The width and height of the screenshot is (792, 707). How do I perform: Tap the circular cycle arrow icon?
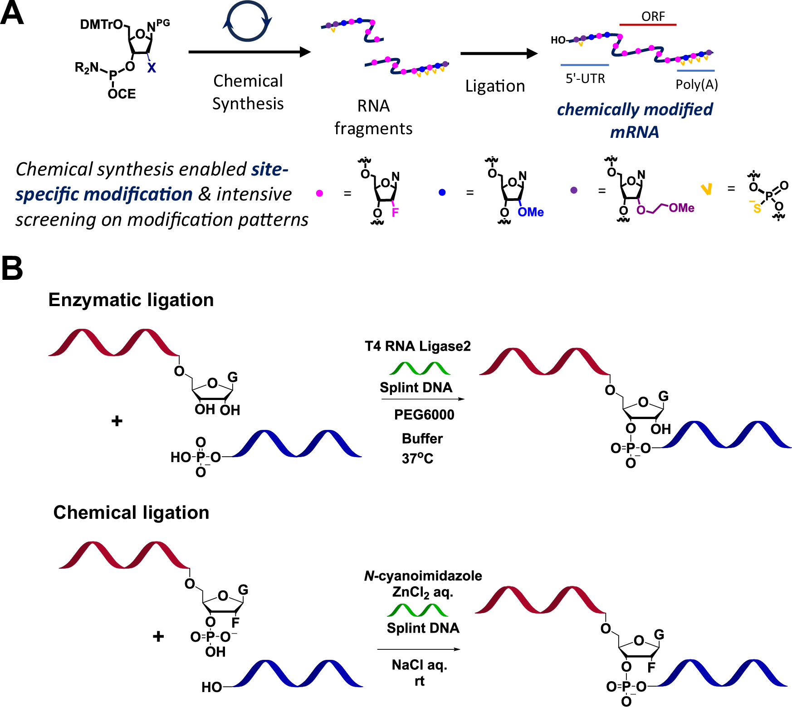click(247, 21)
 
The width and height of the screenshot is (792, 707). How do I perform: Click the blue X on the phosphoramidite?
click(152, 68)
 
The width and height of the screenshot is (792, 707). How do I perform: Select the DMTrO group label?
click(101, 24)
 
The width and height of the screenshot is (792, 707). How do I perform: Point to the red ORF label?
click(653, 16)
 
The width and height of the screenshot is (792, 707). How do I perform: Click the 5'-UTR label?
click(585, 79)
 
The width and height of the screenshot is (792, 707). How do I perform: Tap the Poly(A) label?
click(696, 84)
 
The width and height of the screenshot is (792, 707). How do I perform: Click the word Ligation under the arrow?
click(495, 86)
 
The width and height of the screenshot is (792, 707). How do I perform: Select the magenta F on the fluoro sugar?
click(395, 212)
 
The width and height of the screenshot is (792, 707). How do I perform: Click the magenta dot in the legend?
click(319, 193)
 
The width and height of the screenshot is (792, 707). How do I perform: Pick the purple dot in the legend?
click(574, 190)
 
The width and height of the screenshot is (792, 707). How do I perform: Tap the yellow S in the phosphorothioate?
click(757, 209)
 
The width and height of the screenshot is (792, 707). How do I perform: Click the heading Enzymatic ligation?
click(131, 300)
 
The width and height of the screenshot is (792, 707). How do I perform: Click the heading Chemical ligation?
click(131, 512)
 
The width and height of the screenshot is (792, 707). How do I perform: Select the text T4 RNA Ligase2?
click(417, 346)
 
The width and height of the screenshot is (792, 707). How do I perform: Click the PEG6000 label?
click(424, 414)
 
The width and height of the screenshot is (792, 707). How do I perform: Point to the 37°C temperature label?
click(417, 458)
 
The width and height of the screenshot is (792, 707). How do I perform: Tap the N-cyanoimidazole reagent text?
click(423, 576)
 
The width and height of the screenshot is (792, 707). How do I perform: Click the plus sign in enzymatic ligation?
click(117, 421)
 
